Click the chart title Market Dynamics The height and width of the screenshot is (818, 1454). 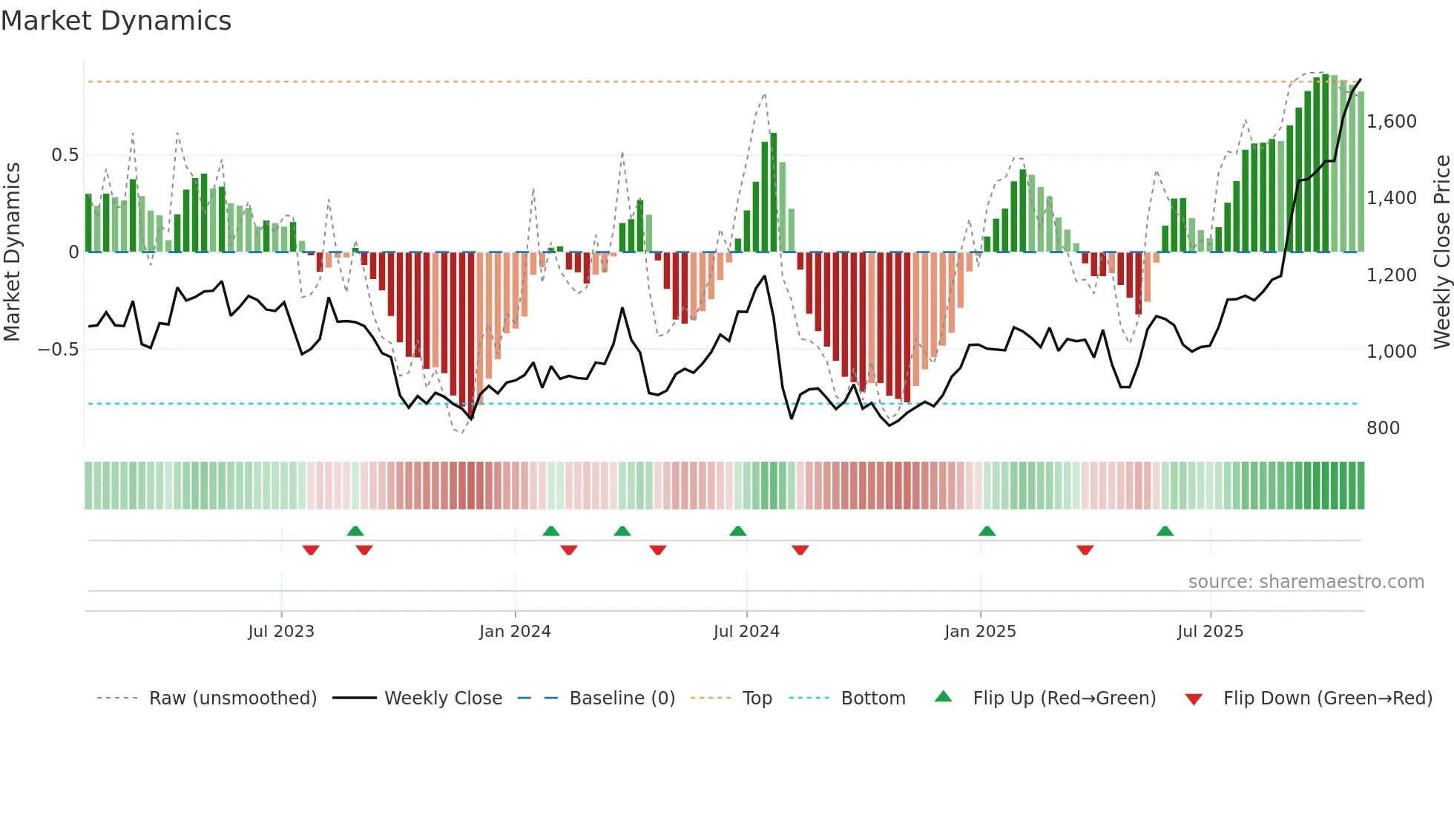116,21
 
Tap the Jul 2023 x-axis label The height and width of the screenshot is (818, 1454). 281,632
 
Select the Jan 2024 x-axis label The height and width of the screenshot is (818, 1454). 515,632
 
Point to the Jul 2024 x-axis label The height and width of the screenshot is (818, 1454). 746,632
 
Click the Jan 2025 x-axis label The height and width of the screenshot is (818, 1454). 980,632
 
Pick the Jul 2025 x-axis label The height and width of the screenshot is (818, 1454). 1210,632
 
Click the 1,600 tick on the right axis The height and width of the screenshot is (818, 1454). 1392,122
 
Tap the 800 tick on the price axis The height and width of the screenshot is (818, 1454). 1383,428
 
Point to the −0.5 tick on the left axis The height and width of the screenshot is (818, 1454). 59,350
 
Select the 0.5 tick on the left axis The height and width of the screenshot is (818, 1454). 65,155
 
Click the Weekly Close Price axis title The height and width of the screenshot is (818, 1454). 1441,252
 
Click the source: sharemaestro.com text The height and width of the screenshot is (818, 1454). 1306,582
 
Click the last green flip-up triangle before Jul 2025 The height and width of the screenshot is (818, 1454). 1165,531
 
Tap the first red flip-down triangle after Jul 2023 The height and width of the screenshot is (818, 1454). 311,550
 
